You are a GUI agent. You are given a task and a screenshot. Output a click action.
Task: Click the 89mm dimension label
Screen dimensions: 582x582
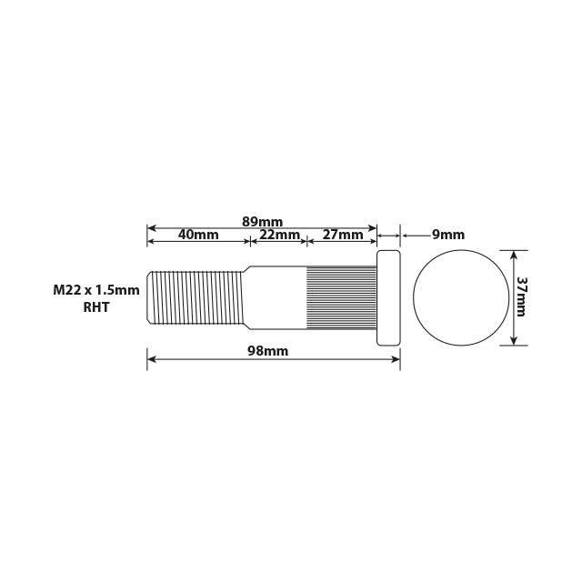pyautogui.click(x=262, y=221)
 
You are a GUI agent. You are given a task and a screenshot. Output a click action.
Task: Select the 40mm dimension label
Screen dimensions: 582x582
pyautogui.click(x=198, y=235)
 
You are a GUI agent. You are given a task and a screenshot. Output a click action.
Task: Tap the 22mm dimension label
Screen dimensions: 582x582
pyautogui.click(x=278, y=235)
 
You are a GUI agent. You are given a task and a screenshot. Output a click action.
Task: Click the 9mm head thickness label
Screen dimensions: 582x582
pyautogui.click(x=447, y=235)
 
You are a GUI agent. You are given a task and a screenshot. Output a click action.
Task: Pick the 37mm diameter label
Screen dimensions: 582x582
pyautogui.click(x=521, y=296)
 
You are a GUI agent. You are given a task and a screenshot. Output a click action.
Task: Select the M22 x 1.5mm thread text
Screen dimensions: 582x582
pyautogui.click(x=96, y=290)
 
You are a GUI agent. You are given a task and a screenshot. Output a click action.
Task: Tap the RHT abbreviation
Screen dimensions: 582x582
pyautogui.click(x=96, y=307)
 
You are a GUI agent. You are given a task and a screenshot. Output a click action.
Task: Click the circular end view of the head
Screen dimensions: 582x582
pyautogui.click(x=460, y=296)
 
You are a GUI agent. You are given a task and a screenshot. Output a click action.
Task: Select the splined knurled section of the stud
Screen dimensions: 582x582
pyautogui.click(x=341, y=296)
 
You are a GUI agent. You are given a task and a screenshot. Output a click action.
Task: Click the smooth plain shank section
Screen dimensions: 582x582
pyautogui.click(x=276, y=296)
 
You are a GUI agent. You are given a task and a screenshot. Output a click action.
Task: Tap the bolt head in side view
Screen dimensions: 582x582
pyautogui.click(x=388, y=297)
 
